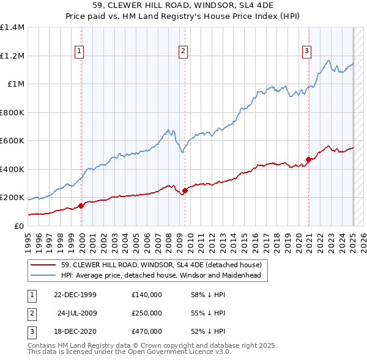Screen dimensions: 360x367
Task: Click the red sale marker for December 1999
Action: [81, 206]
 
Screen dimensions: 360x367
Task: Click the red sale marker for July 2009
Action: [185, 190]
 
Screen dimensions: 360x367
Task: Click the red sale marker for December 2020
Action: [309, 160]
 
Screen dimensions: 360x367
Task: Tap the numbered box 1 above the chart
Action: [80, 52]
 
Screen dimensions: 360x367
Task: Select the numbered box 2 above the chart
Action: [183, 52]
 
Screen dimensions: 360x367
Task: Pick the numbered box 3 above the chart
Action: [306, 52]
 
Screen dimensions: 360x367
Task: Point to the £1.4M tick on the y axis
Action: [12, 27]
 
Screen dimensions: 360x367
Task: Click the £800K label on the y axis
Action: [12, 112]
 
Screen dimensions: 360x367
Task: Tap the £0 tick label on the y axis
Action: [18, 226]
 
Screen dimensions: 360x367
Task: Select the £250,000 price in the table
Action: [147, 313]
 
